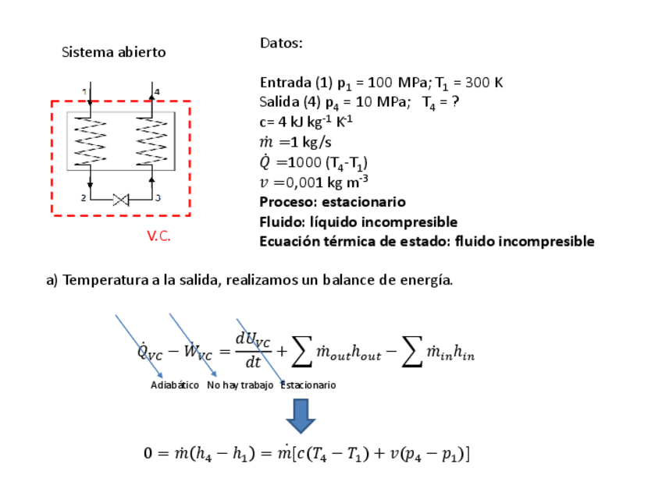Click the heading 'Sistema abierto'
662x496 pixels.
tap(114, 53)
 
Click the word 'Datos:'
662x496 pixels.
tap(281, 44)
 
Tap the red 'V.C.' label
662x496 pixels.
tap(158, 236)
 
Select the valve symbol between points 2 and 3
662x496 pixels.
tap(121, 200)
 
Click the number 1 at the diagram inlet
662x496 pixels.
tap(84, 92)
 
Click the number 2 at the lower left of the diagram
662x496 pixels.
tap(84, 198)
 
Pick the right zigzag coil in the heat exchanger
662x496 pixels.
tap(151, 140)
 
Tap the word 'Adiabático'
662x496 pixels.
tap(175, 385)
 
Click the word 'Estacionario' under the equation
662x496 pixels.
tap(308, 385)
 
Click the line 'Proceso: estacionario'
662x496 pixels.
tap(333, 202)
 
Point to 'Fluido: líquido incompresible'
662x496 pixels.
tap(358, 222)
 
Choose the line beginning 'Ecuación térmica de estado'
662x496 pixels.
tap(426, 242)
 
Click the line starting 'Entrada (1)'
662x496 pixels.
tap(375, 83)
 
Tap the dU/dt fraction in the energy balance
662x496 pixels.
tap(253, 351)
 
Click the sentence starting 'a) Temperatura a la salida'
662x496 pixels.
tap(250, 281)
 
